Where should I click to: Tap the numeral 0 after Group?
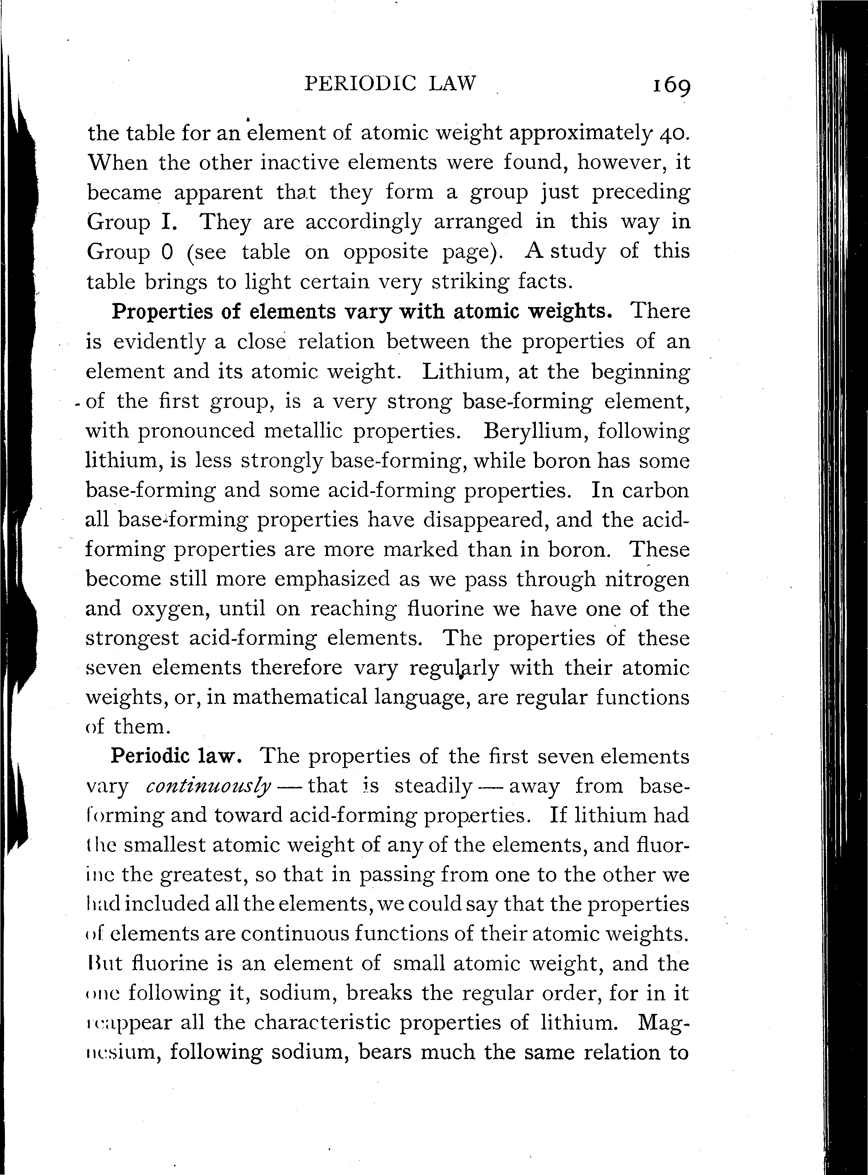[168, 252]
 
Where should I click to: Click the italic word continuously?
[208, 786]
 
